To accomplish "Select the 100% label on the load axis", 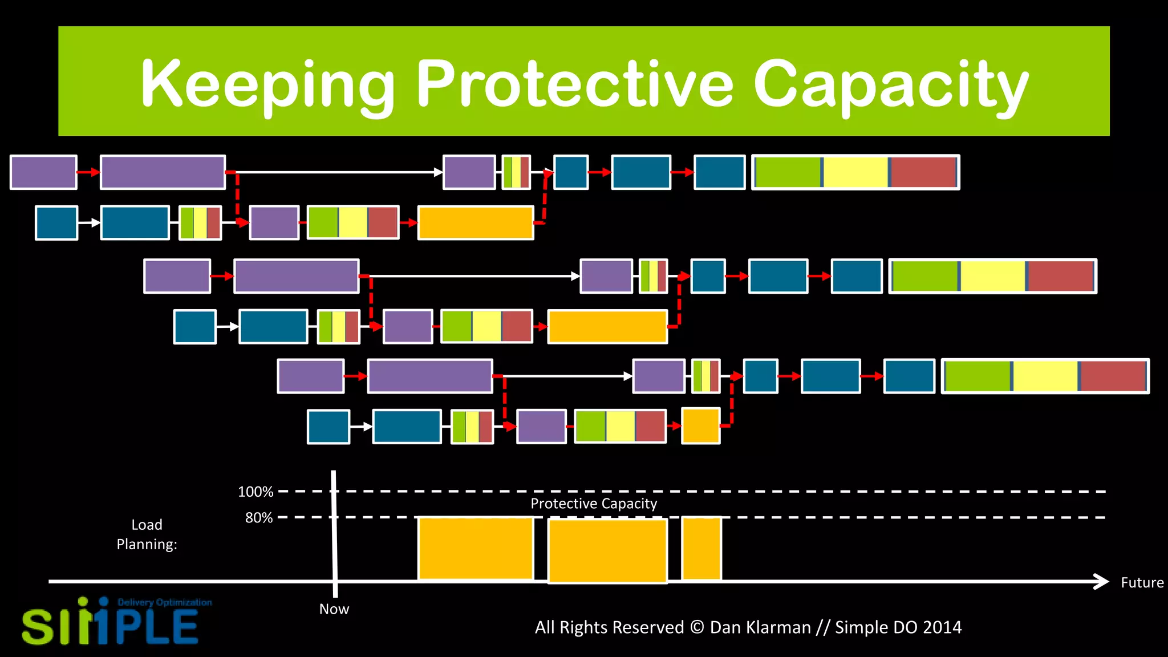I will click(255, 492).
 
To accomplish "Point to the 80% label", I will click(259, 518).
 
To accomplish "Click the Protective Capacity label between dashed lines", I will click(594, 504).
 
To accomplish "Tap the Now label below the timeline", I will click(334, 609).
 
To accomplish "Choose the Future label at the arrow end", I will click(1142, 583).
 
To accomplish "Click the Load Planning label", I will click(147, 534).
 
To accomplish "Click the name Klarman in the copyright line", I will click(760, 627).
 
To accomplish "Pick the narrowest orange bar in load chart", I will click(701, 549).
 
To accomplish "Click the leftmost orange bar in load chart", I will click(476, 549).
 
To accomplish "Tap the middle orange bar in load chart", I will click(607, 550).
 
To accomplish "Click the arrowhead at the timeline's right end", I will click(1101, 582).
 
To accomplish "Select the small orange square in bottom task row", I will click(701, 426).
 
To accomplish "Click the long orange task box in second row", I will click(476, 223).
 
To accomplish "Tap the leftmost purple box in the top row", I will click(43, 172).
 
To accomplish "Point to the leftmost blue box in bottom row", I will click(328, 427).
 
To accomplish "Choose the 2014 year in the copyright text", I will click(942, 627).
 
